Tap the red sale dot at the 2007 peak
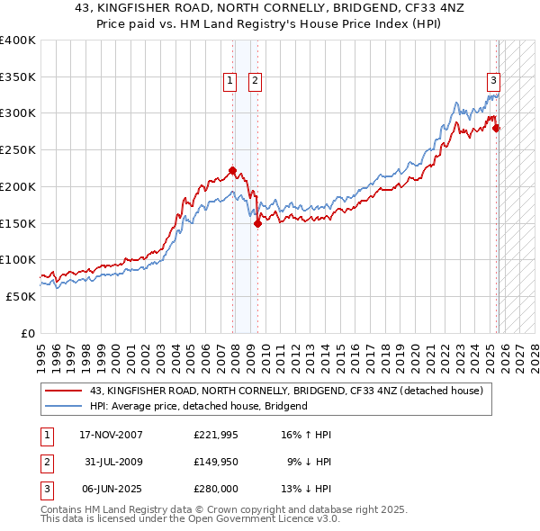tap(232, 170)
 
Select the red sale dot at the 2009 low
tap(258, 224)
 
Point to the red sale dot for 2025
tap(497, 128)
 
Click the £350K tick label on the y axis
tap(18, 77)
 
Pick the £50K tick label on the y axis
tap(21, 296)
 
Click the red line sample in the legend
tap(63, 391)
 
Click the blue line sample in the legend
tap(63, 406)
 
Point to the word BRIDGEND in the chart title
tap(378, 10)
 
